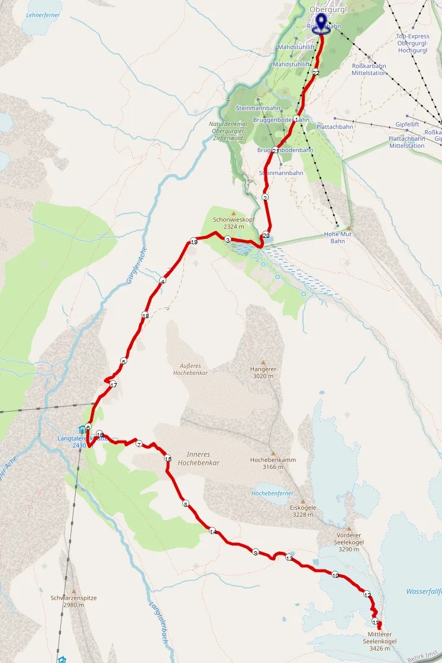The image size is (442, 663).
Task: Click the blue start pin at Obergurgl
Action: [x=321, y=22]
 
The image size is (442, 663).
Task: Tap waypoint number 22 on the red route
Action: [x=316, y=73]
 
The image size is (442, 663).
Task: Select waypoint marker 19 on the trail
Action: [x=193, y=241]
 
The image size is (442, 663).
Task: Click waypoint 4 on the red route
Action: [x=162, y=281]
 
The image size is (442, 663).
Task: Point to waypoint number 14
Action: [x=212, y=531]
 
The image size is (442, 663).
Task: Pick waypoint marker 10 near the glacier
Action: [x=335, y=575]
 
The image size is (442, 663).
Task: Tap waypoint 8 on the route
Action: [x=185, y=504]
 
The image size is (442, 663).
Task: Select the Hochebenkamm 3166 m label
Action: [x=273, y=463]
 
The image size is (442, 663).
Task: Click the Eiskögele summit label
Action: [x=303, y=510]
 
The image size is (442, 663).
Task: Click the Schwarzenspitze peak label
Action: [x=74, y=601]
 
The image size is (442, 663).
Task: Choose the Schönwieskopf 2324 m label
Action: [x=228, y=222]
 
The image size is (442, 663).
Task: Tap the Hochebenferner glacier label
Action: [x=273, y=493]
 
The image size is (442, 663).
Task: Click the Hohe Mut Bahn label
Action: [x=338, y=237]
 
